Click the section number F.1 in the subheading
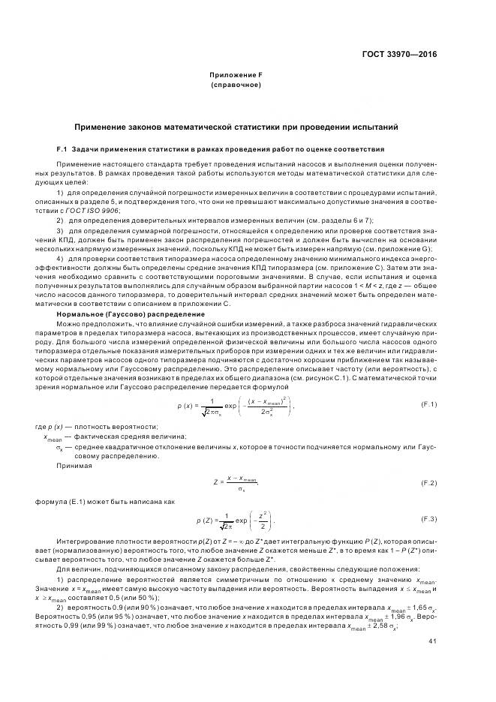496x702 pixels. click(63, 148)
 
